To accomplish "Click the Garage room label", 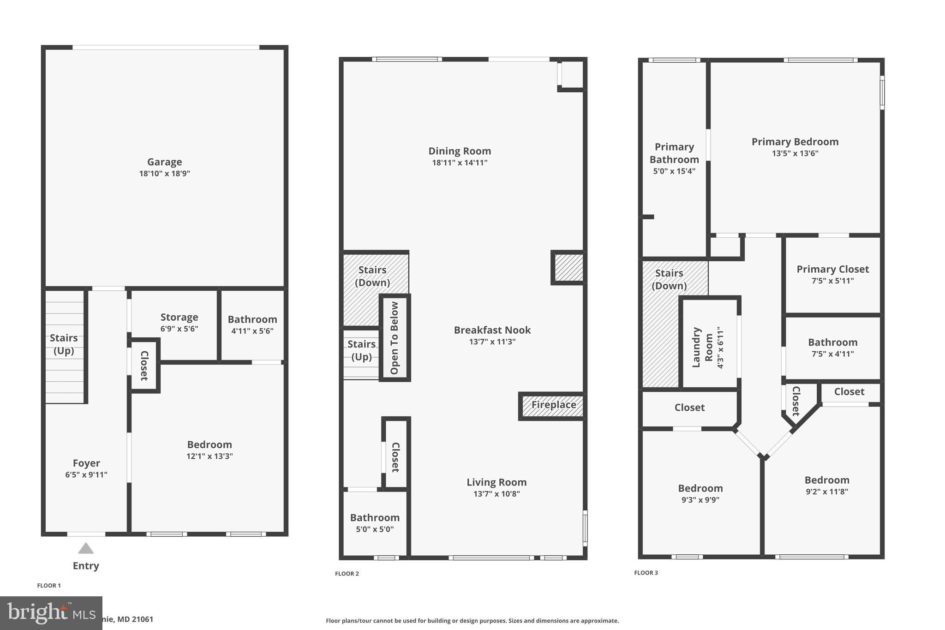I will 164,162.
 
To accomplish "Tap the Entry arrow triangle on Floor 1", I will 86,548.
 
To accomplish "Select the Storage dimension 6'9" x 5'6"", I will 179,329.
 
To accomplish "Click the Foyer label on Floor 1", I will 86,463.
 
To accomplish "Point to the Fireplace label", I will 553,405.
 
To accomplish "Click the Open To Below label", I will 395,338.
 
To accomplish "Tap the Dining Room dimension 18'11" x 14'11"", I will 460,162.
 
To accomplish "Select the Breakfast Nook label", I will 492,330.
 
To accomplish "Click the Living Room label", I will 496,482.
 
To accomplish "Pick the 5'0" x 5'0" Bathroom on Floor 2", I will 375,523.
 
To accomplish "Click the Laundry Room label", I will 703,348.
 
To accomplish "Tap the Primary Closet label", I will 832,269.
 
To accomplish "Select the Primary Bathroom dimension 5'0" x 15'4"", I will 674,171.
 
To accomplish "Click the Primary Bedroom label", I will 795,142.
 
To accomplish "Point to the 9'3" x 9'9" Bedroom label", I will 700,488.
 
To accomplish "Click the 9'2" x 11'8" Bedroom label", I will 826,480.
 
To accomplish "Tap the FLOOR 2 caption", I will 347,574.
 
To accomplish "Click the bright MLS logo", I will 51,613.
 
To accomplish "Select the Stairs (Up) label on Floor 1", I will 64,344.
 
